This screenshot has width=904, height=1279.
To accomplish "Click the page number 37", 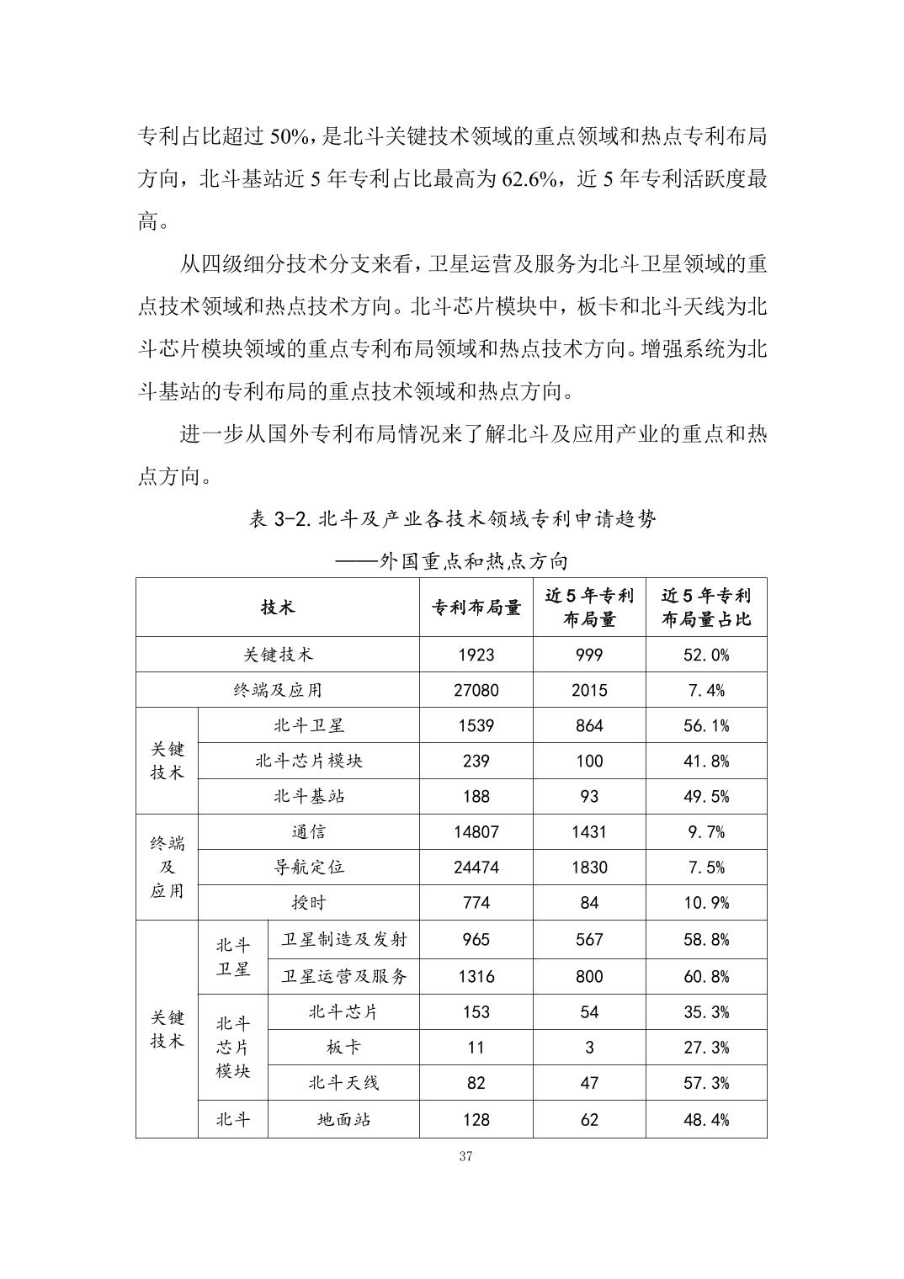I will pos(466,1156).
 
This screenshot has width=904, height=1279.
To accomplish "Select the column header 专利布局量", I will pos(476,608).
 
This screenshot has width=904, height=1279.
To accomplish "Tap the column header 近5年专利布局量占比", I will pos(706,608).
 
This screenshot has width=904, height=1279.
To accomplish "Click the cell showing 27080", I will pos(476,690).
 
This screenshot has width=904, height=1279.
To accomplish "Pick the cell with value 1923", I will pos(476,655).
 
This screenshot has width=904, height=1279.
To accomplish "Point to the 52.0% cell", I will pos(706,655).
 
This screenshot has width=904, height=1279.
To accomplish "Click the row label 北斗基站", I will pos(309,796).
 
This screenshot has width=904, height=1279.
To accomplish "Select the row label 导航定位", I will pos(309,867).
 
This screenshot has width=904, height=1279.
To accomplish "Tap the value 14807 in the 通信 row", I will pos(476,831).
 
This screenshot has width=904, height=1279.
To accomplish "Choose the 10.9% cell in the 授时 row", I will pos(706,903).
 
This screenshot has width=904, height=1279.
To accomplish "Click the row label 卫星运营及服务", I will pos(343,976).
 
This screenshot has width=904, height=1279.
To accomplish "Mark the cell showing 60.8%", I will pos(706,976).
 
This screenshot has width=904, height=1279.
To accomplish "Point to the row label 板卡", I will pos(343,1048).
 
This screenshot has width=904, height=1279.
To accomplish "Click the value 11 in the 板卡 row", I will pos(476,1048).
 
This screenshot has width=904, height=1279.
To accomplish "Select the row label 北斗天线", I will pos(343,1083).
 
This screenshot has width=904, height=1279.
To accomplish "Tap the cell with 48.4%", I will pos(706,1119).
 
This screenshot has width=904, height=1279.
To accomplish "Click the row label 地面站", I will pos(343,1119).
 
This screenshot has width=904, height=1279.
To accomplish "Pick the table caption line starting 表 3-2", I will pos(452,519).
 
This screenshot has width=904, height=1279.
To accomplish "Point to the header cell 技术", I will pos(278,608).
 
